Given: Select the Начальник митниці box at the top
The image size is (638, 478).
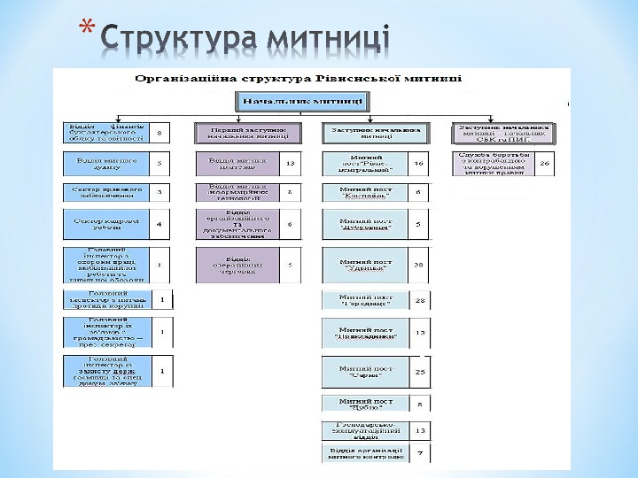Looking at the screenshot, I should point(291,100).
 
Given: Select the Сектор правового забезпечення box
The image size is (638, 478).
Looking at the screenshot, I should point(105,191).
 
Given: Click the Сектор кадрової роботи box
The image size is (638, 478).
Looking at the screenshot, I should point(105,224).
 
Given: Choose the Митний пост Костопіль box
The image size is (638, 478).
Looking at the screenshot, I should point(365,191).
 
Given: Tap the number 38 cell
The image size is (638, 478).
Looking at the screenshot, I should point(420,264).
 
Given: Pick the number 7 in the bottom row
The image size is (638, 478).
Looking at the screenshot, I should point(420,454).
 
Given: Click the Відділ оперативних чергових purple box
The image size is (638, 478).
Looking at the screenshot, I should point(236,264).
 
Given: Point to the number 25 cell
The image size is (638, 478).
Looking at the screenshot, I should point(420,372).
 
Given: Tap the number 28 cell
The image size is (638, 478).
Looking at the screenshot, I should point(420,301).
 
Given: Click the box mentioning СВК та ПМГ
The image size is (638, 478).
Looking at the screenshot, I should point(502,133).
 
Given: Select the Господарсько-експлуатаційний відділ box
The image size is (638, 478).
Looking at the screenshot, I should point(365,430).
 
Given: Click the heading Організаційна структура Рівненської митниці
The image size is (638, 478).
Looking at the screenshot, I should point(297,78).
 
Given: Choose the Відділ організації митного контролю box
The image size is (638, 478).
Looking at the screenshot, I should point(365,454).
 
